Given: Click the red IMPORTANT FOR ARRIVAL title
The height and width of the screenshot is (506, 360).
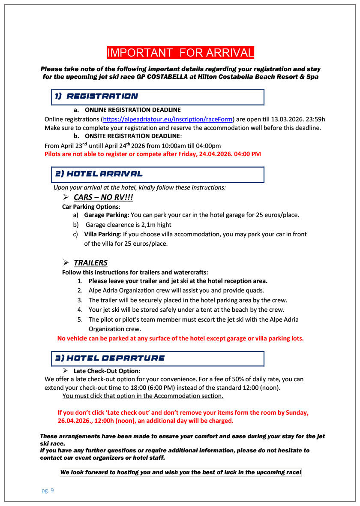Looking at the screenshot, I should tap(180, 53).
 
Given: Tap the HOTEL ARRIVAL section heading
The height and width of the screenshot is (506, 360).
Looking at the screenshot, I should tap(99, 174).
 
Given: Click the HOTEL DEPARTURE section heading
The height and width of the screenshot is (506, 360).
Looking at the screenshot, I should tap(110, 358).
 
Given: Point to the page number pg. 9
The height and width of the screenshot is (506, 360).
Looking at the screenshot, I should tap(48, 491).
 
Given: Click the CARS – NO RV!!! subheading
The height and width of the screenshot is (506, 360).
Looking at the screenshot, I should tap(103, 197).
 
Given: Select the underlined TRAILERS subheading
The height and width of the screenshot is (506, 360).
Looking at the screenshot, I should tap(90, 263).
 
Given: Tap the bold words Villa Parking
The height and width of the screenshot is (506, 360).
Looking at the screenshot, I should tap(102, 234).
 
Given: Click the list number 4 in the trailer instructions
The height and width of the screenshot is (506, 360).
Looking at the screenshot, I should tap(80, 310).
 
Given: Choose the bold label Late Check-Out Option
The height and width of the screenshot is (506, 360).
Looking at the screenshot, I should tap(107, 371).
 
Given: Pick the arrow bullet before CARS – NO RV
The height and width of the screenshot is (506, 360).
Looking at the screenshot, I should tap(66, 197).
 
